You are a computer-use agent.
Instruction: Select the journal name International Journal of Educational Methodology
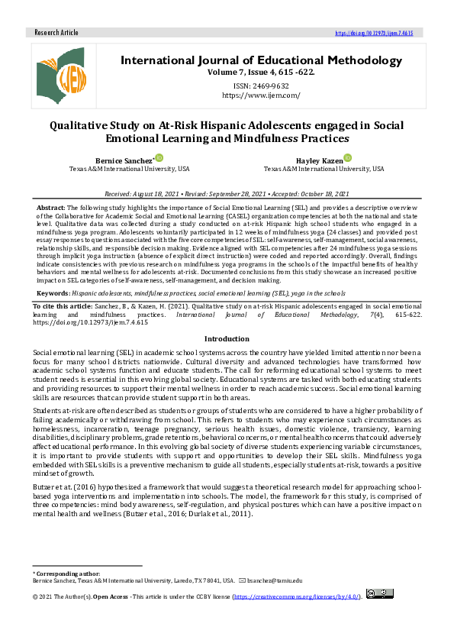[261, 60]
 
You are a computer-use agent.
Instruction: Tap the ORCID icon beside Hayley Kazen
[347, 158]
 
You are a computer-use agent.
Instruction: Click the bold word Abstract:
[51, 208]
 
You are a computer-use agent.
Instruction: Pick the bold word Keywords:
[53, 292]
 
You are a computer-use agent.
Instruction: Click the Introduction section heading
[227, 338]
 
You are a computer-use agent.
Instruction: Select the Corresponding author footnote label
[66, 573]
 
